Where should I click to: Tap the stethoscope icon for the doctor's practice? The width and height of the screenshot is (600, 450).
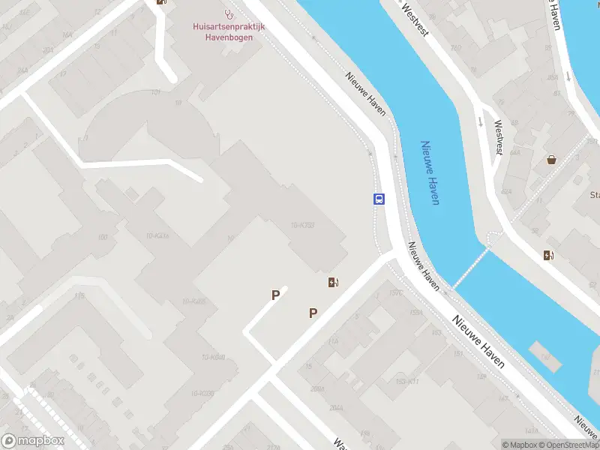pyautogui.click(x=229, y=13)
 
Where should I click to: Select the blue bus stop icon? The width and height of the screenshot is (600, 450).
pyautogui.click(x=379, y=199)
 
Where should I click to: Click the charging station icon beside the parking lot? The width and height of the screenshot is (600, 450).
pyautogui.click(x=333, y=282)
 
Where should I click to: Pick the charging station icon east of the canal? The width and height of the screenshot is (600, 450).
pyautogui.click(x=549, y=255)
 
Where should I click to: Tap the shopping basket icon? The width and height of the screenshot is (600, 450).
pyautogui.click(x=552, y=159)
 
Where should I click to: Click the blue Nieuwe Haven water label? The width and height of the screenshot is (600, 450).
pyautogui.click(x=430, y=172)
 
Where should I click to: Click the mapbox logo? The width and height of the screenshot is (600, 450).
pyautogui.click(x=33, y=441)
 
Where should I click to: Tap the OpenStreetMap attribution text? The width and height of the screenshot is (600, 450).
pyautogui.click(x=568, y=445)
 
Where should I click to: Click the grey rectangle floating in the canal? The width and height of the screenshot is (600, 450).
pyautogui.click(x=544, y=356)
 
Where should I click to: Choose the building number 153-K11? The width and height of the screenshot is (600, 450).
pyautogui.click(x=406, y=382)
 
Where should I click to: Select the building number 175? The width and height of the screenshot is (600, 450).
pyautogui.click(x=79, y=295)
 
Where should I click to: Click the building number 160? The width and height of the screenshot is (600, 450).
pyautogui.click(x=102, y=238)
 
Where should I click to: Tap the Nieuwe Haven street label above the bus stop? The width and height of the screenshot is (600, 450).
pyautogui.click(x=366, y=94)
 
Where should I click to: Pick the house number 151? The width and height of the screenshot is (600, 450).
pyautogui.click(x=458, y=354)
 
